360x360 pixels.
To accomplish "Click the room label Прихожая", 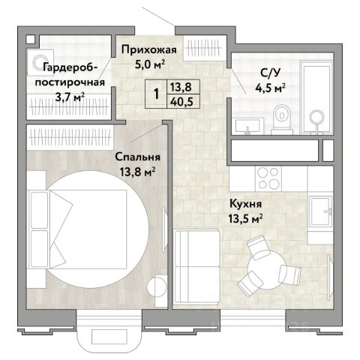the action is click(x=149, y=50).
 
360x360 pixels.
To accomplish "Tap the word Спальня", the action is click(x=138, y=157).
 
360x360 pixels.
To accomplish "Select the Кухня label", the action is click(x=246, y=204).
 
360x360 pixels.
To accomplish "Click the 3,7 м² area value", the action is click(x=70, y=97).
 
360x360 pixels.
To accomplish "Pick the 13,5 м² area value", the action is click(x=245, y=219).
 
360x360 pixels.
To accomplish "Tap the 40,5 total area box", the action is click(x=183, y=101).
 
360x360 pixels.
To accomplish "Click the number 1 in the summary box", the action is click(x=157, y=94).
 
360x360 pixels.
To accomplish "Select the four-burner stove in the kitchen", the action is click(x=268, y=178).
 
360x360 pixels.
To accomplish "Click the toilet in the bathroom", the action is click(x=282, y=118).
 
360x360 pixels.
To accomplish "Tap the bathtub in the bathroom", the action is click(x=316, y=97).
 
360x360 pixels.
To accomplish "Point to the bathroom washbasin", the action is click(x=247, y=127).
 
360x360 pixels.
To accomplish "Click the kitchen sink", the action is click(x=320, y=211).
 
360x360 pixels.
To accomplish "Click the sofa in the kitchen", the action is click(x=197, y=266).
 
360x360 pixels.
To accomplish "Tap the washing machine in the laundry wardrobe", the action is click(x=40, y=62).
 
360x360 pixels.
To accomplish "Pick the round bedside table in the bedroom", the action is click(x=157, y=286).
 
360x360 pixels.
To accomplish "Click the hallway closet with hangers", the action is click(x=203, y=48).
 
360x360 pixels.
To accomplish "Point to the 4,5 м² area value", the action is click(x=270, y=88).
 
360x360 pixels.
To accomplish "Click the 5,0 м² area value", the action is click(x=150, y=64).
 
